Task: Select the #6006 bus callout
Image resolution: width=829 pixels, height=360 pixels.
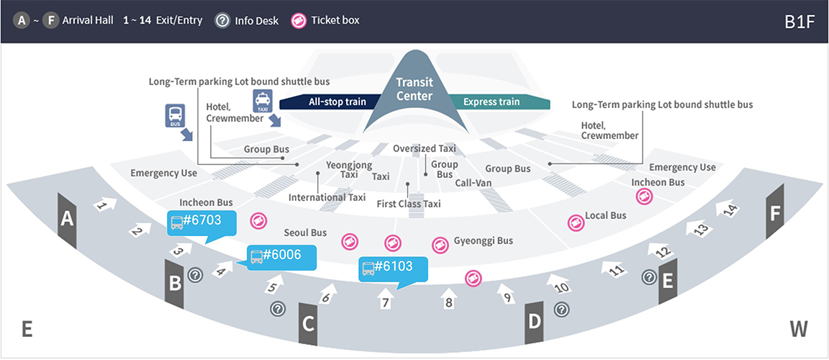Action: point(274,255)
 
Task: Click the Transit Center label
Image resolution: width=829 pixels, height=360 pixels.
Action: point(414,90)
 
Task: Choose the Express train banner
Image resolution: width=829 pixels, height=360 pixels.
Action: point(491,102)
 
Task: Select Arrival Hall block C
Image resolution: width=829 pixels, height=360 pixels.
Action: point(308,324)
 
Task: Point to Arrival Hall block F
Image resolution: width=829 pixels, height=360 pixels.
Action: point(775,213)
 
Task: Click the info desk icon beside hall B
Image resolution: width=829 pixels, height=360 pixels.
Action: point(194,274)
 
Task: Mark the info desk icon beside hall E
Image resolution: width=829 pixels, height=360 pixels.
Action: point(648,276)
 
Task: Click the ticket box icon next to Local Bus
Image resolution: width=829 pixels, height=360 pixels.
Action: point(574,222)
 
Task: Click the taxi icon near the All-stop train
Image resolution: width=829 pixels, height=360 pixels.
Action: point(263,100)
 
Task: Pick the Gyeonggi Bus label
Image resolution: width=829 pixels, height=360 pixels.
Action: point(483,241)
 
